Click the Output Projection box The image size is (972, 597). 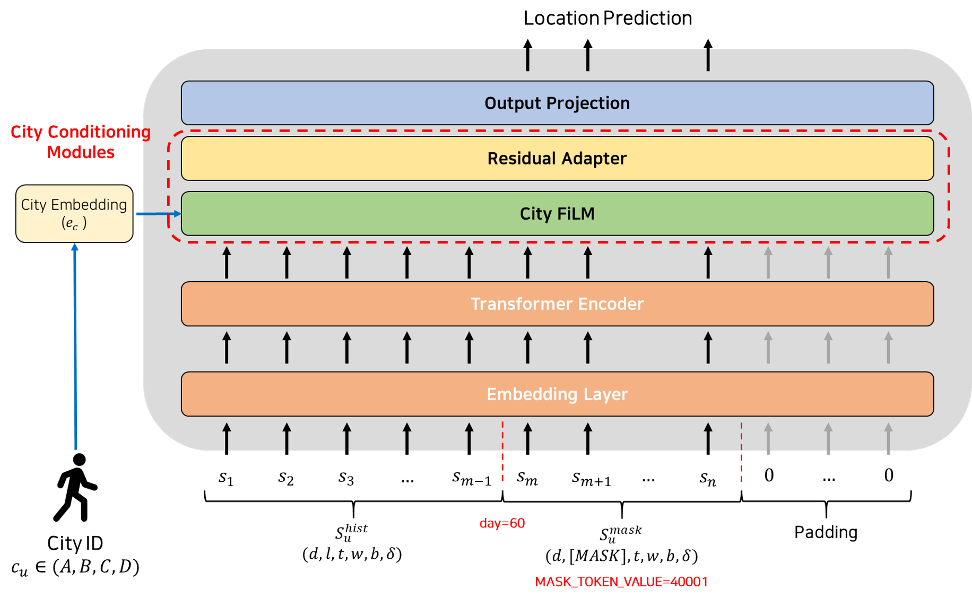[557, 103]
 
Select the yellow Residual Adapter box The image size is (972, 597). [557, 158]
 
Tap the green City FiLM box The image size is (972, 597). [557, 213]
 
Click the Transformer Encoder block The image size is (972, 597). [557, 304]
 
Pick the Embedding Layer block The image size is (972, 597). [557, 394]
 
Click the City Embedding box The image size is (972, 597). [74, 213]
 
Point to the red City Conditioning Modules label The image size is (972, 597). [81, 142]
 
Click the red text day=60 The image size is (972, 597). [502, 523]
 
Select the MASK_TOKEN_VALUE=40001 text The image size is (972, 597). [621, 582]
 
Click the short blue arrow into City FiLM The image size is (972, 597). [158, 214]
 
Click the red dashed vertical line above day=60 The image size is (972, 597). [502, 451]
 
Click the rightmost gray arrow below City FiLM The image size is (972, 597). [888, 263]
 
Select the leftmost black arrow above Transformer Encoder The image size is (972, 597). [227, 263]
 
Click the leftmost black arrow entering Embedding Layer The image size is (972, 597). [227, 437]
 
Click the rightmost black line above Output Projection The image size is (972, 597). [708, 59]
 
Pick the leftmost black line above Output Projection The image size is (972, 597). [527, 59]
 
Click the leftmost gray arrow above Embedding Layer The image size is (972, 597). [768, 348]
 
